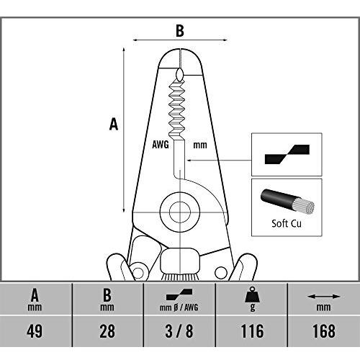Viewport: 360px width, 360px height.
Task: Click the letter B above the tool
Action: pos(180,31)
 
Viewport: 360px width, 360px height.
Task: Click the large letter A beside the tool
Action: pos(114,125)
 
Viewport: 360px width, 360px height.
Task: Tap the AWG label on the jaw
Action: pos(161,145)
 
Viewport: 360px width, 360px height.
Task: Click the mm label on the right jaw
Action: pos(200,145)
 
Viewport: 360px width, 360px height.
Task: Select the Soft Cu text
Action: pos(287,223)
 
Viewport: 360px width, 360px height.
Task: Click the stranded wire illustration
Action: pos(287,202)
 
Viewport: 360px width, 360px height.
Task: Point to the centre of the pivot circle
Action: pos(180,212)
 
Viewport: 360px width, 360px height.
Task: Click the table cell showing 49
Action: pos(35,331)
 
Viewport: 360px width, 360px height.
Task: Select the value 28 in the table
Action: pos(107,331)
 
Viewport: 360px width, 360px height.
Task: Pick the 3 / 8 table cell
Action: pos(179,331)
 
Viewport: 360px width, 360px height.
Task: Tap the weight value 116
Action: pos(252,331)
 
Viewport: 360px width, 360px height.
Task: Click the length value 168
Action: pos(324,331)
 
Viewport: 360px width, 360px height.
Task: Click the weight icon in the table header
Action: pos(252,294)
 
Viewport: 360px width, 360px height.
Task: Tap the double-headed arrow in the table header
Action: pos(324,297)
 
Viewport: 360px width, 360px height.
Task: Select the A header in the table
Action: pos(35,295)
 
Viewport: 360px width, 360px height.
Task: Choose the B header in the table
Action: pos(107,295)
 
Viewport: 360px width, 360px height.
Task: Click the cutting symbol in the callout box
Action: pos(287,154)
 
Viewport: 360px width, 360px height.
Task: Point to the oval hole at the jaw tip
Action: pos(180,74)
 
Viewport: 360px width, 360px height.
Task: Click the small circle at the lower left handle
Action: pos(138,272)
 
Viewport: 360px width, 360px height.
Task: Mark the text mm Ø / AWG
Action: pos(179,307)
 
